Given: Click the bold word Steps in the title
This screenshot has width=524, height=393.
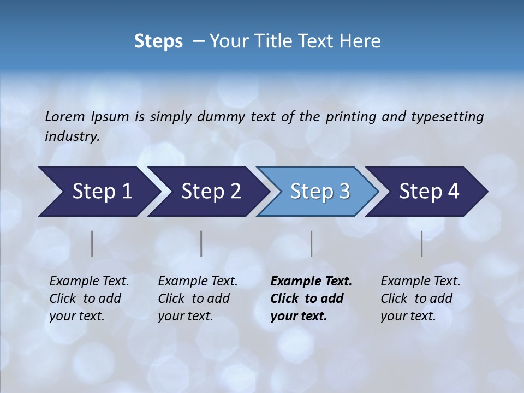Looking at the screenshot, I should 158,41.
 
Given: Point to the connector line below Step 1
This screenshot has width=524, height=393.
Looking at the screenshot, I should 92,243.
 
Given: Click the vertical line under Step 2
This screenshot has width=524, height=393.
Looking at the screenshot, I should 201,243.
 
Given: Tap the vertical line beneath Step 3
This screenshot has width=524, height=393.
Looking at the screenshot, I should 311,243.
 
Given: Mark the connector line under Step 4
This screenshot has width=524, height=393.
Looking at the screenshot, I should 421,243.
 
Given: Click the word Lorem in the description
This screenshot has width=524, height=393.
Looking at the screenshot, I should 65,117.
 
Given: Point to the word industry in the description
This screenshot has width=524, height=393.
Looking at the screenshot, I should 72,136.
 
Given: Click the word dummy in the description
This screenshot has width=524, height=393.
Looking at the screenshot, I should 222,117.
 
